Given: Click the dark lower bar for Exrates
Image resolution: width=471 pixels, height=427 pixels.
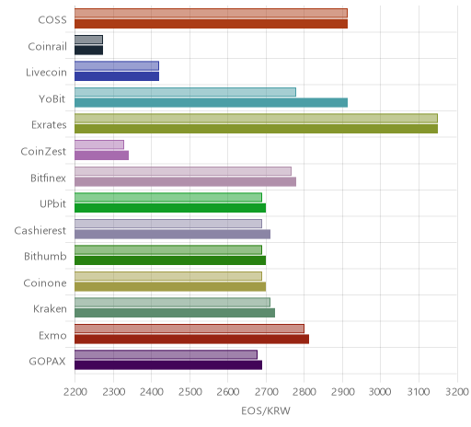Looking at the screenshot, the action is click(x=256, y=129).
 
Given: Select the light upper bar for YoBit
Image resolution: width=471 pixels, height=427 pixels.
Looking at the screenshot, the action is click(x=185, y=92).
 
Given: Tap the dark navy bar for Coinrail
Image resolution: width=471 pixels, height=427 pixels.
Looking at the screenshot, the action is click(x=88, y=51).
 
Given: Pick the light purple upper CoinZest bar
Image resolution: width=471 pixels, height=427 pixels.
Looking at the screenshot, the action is click(x=99, y=144).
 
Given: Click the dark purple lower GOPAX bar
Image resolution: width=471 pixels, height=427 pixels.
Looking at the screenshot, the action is click(x=168, y=365).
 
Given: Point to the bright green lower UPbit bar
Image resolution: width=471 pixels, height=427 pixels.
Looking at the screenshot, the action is click(x=170, y=208).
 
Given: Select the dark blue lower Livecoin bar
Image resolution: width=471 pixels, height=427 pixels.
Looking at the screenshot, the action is click(x=117, y=76).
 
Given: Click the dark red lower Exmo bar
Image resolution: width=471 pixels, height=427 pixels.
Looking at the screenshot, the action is click(x=191, y=339).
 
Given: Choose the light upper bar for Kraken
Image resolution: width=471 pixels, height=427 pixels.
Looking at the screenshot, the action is click(x=172, y=303).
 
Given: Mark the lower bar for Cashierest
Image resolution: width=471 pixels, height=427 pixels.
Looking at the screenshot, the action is click(x=172, y=234).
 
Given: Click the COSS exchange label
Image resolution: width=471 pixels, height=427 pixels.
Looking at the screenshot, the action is click(x=52, y=20).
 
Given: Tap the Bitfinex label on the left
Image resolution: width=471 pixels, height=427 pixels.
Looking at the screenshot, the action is click(x=48, y=178).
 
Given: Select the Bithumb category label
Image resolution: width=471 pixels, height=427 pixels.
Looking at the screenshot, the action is click(x=45, y=256).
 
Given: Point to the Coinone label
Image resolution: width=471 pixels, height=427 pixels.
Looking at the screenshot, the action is click(x=45, y=283).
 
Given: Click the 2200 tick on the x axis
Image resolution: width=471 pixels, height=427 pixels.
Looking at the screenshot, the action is click(x=75, y=392).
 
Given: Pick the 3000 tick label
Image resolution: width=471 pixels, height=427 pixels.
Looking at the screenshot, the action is click(x=380, y=392).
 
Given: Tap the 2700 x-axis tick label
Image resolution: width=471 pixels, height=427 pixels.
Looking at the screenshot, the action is click(x=266, y=392).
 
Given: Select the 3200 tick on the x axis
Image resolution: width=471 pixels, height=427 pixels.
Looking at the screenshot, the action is click(x=457, y=392).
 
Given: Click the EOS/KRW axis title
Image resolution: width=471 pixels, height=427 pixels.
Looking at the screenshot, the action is click(x=266, y=411).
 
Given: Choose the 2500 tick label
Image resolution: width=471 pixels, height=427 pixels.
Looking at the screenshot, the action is click(x=190, y=392).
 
